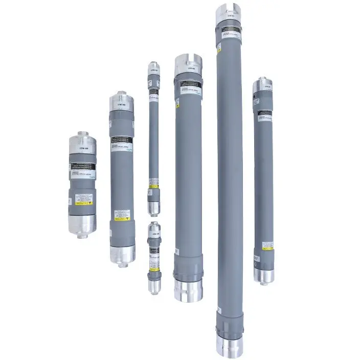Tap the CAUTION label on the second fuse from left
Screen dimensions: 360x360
coord(121,219)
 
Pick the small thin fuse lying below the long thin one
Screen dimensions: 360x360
coord(154,258)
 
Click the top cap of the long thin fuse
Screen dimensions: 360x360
coord(153,69)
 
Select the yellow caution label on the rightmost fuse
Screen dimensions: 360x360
coord(263,246)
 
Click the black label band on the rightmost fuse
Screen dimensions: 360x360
coord(263,112)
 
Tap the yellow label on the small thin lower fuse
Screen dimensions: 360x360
coord(154,267)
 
